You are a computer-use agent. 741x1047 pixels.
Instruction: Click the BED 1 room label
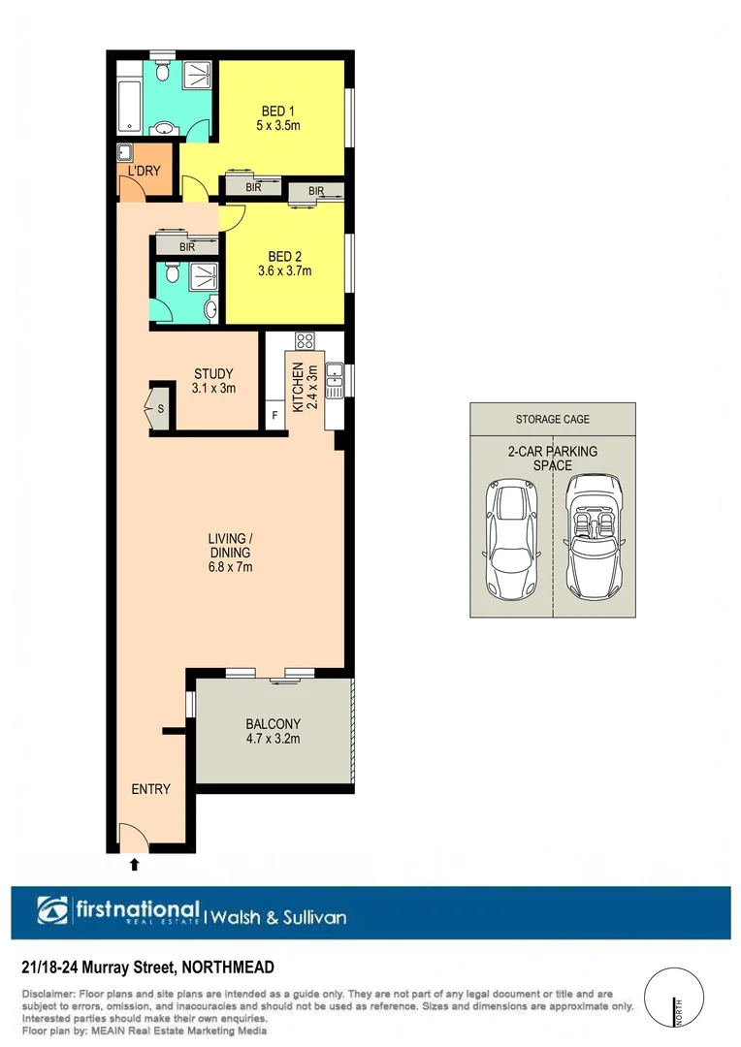[278, 111]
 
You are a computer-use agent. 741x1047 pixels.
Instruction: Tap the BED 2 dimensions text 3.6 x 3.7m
[284, 271]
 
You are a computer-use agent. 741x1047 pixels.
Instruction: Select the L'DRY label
[144, 173]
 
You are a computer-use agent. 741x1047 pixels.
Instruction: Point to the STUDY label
[213, 373]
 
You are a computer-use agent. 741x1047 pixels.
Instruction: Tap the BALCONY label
[273, 723]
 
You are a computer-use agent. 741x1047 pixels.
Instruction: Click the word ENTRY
[150, 789]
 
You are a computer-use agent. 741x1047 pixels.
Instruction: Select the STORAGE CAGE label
[552, 420]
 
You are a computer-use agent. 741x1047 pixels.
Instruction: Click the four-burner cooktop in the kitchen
[304, 341]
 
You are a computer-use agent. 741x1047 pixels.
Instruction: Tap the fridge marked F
[274, 415]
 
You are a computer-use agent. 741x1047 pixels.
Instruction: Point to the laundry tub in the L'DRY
[125, 153]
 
